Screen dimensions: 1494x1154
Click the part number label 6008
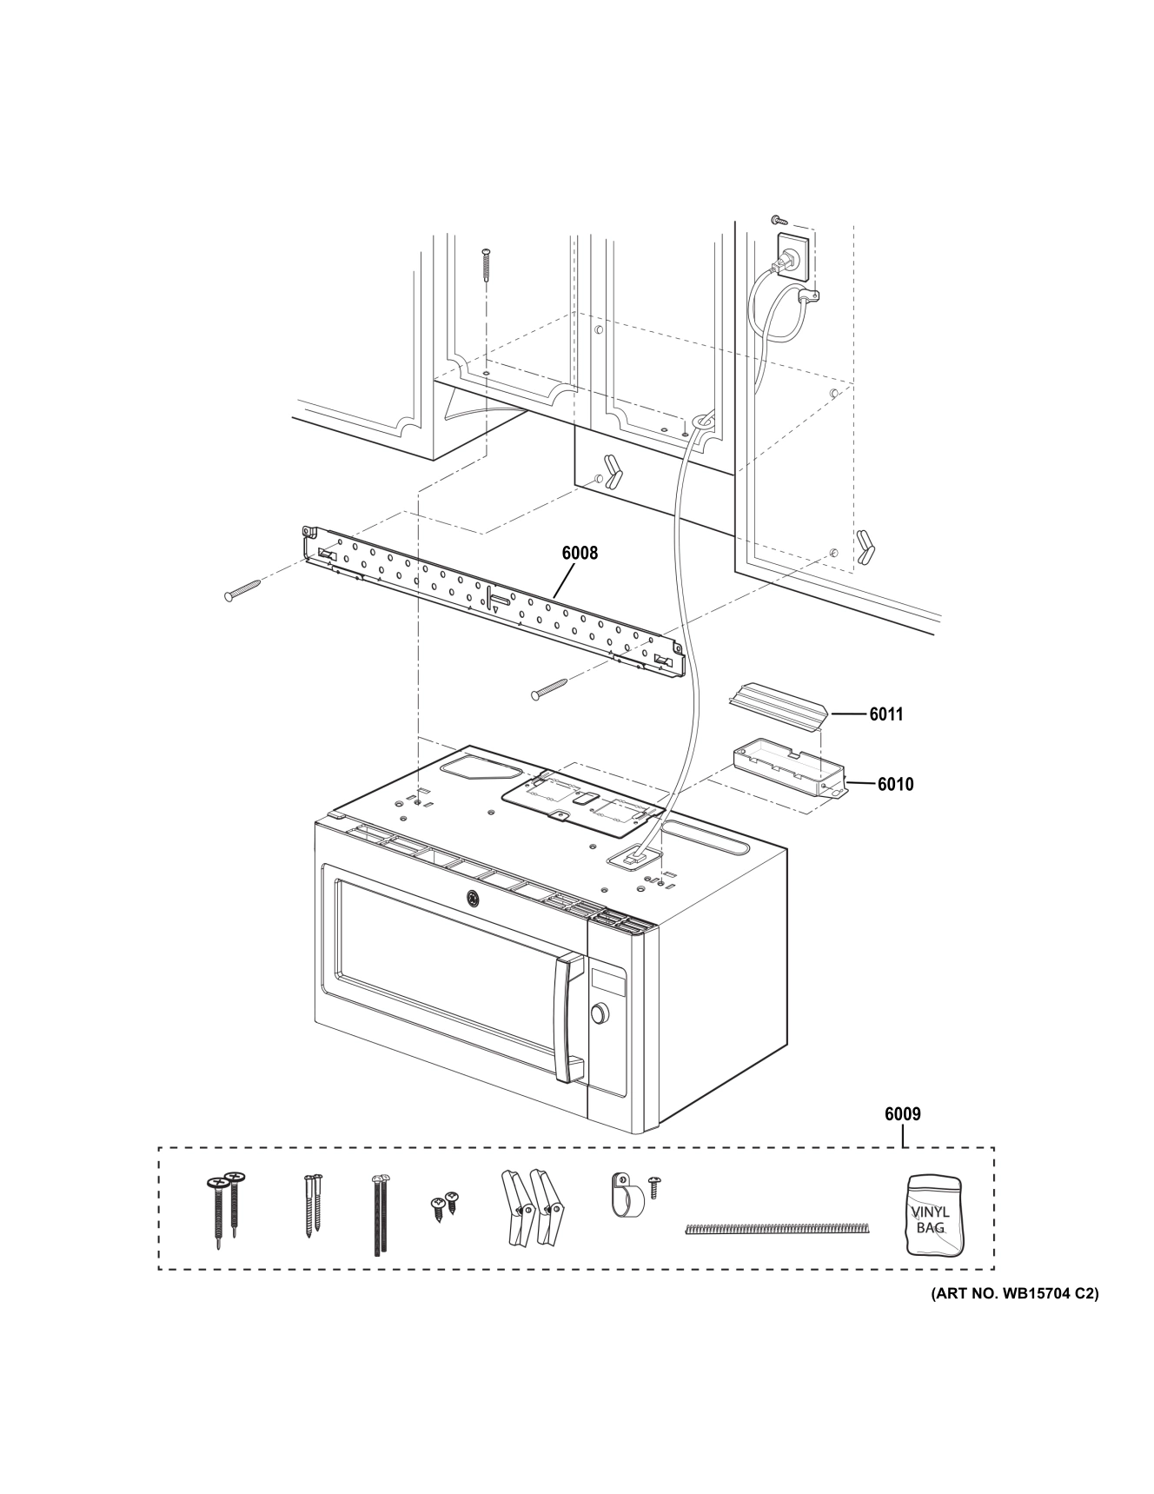point(580,553)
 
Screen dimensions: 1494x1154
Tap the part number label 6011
point(885,714)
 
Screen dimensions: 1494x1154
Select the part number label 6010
point(895,784)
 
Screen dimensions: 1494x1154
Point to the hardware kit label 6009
point(903,1114)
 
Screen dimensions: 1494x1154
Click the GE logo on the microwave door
point(473,899)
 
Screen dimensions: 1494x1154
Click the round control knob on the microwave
point(598,1014)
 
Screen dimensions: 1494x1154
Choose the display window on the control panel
point(608,979)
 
